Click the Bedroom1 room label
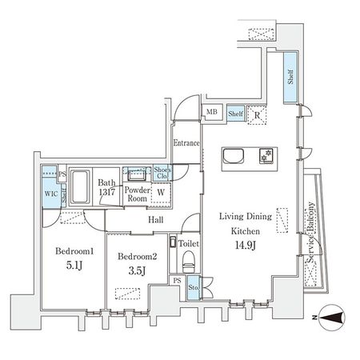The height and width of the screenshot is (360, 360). coord(74,250)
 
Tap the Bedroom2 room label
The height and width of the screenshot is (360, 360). coord(137,256)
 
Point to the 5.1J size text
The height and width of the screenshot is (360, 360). coord(74,265)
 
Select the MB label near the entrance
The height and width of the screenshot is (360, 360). coord(213,114)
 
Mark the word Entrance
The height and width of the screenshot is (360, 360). coord(186,142)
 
